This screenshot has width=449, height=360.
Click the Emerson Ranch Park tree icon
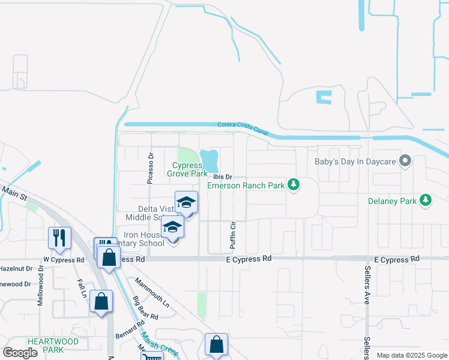pyautogui.click(x=294, y=184)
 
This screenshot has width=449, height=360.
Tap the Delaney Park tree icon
pyautogui.click(x=426, y=199)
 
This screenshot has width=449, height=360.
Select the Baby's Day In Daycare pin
pyautogui.click(x=406, y=161)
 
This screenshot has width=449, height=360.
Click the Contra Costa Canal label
pyautogui.click(x=243, y=128)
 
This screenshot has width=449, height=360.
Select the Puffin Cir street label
pyautogui.click(x=234, y=235)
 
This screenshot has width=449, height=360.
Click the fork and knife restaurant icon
pyautogui.click(x=60, y=238)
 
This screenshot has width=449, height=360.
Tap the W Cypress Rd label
pyautogui.click(x=63, y=260)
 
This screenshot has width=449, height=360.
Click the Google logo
pyautogui.click(x=20, y=353)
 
